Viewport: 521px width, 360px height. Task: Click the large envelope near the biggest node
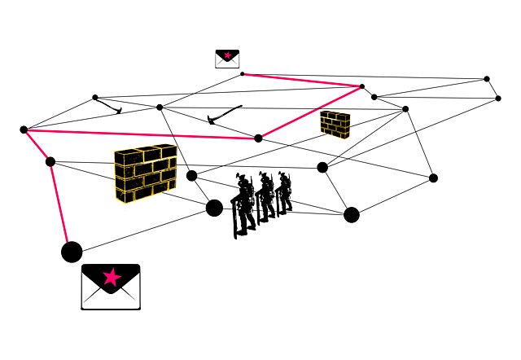111,288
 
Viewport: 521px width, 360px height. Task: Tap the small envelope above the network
227,59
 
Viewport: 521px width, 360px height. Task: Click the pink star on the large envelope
112,277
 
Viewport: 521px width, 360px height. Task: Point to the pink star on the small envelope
227,55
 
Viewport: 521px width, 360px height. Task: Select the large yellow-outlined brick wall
146,173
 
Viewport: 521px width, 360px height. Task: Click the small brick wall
335,125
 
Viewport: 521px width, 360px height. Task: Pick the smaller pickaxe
108,105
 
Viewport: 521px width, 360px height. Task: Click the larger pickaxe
224,115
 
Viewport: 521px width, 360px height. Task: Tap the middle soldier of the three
266,197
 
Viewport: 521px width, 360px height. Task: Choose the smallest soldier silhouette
284,193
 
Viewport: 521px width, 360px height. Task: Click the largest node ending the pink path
72,252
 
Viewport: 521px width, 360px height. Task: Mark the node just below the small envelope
242,74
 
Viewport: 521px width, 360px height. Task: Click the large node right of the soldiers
352,215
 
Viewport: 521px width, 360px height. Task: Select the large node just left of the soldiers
214,208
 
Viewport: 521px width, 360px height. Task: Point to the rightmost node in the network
498,99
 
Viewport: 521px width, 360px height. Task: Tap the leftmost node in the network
24,130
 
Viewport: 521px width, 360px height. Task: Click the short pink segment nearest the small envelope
302,80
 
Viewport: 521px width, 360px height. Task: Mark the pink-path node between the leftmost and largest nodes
50,162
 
